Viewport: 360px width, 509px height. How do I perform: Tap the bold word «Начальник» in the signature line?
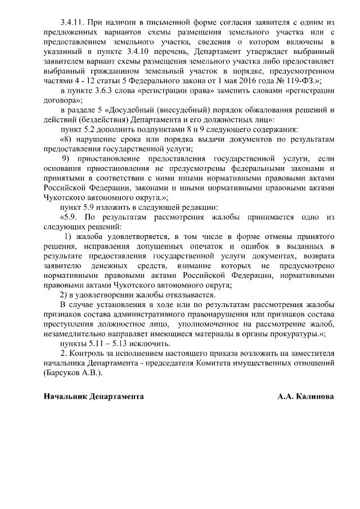[x=64, y=397]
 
